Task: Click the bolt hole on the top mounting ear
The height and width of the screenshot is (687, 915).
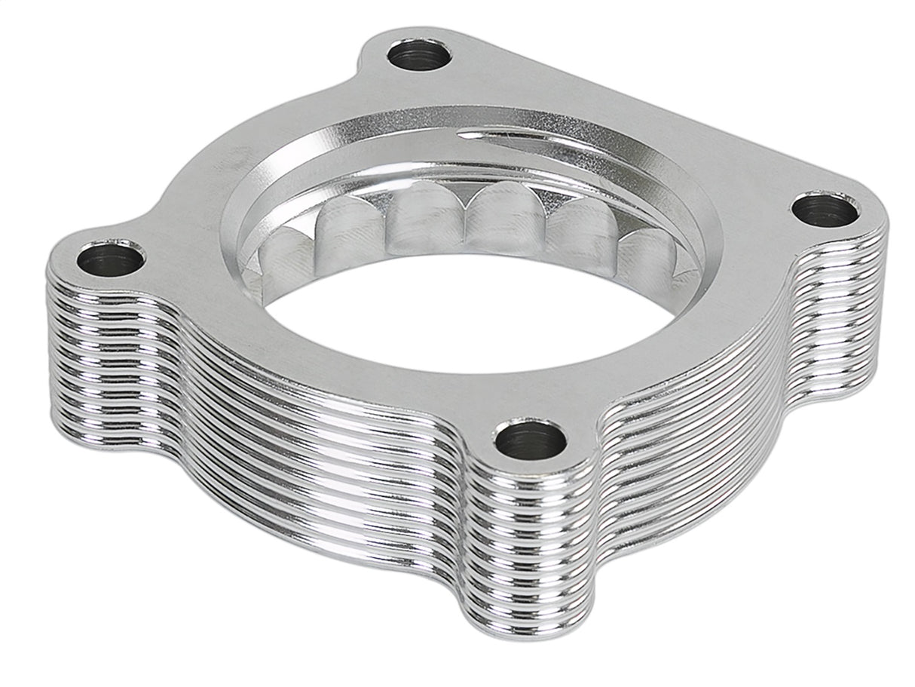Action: (x=419, y=54)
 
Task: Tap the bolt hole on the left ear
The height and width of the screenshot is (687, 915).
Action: (x=111, y=259)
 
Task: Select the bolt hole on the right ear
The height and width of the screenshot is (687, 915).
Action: (x=825, y=209)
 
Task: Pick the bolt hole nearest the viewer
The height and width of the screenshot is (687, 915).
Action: (x=531, y=440)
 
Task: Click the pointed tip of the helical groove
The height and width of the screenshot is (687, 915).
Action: (x=461, y=135)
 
